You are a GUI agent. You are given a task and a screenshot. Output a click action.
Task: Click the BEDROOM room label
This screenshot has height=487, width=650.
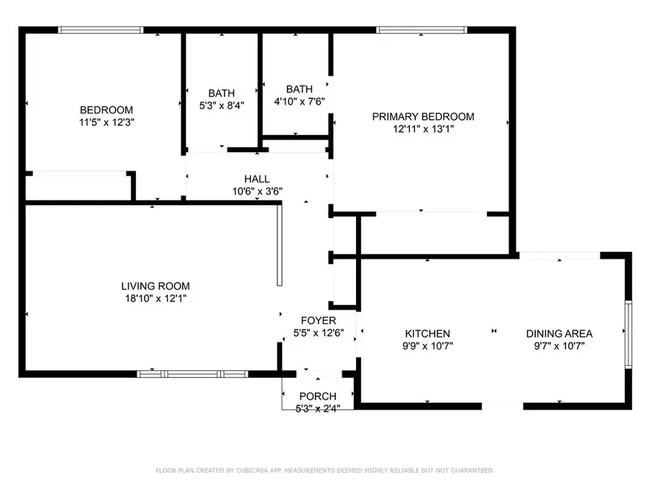106,110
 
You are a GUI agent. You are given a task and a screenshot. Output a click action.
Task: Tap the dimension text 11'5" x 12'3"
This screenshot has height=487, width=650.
106,122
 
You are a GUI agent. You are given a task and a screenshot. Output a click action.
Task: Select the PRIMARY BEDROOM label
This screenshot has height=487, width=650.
423,116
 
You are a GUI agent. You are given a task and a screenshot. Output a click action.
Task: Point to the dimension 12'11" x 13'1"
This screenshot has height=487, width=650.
423,129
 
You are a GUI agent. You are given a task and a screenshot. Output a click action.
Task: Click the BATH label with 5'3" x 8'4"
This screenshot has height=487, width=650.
222,93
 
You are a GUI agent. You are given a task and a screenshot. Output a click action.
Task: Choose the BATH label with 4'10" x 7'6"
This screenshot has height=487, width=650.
300,89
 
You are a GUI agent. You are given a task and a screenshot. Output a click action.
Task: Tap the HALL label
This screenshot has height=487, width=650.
257,179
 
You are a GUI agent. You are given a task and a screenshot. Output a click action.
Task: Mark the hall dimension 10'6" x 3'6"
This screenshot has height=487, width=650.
257,191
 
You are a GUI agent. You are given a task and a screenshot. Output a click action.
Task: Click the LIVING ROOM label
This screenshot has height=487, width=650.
155,286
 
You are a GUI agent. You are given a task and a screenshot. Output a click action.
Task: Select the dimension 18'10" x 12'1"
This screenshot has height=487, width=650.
155,298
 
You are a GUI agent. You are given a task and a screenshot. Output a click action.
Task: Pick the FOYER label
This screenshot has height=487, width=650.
318,320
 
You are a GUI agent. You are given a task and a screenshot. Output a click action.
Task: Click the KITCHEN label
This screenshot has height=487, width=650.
427,333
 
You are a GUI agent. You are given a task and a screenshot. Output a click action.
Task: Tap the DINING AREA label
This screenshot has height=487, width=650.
559,333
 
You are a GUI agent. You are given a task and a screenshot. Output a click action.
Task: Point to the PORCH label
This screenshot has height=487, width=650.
318,396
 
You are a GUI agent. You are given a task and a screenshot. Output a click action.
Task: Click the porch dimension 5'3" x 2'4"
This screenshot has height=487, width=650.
318,408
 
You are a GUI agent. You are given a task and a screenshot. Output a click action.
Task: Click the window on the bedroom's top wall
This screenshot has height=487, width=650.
100,30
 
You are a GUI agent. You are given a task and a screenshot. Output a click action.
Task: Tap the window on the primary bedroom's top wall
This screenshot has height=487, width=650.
422,30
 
